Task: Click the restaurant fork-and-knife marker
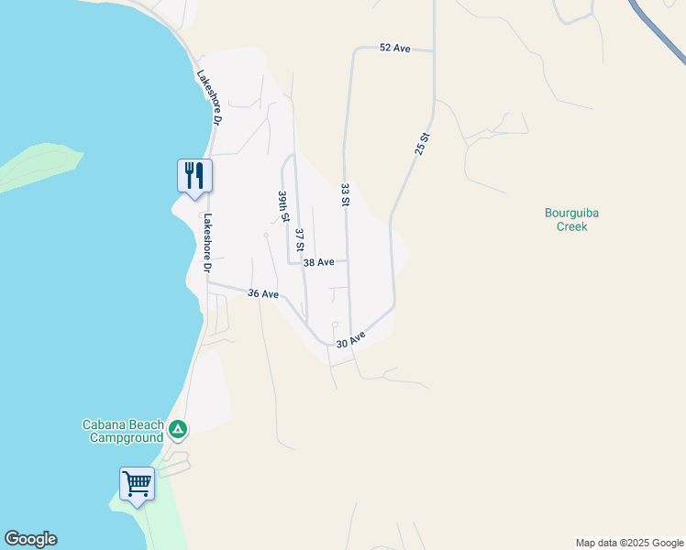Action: click(194, 174)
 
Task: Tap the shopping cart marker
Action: click(137, 482)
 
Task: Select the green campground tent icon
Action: click(178, 429)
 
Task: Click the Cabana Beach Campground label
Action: click(123, 431)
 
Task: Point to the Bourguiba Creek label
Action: click(578, 219)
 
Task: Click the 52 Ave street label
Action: click(394, 48)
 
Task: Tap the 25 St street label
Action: click(422, 143)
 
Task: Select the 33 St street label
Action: click(346, 194)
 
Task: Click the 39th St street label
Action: click(284, 206)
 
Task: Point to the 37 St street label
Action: click(299, 240)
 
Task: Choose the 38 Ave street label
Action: click(318, 262)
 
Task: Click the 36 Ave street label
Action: click(263, 294)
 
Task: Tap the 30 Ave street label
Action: click(350, 340)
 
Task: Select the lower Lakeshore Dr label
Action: click(207, 244)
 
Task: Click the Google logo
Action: click(30, 539)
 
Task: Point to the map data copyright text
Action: click(629, 543)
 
